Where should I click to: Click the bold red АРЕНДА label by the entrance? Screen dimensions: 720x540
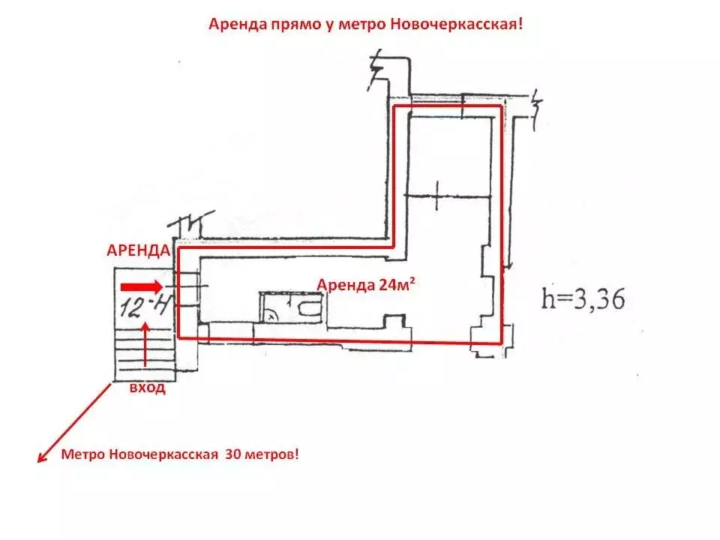pos(138,250)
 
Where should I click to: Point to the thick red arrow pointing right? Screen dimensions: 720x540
pos(142,287)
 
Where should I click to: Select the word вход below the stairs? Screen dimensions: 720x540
pos(147,388)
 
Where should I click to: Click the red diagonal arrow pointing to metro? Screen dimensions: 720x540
pos(74,423)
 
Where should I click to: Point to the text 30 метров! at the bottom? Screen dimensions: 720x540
pos(262,454)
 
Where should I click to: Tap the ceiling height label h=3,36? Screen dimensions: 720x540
pos(583,299)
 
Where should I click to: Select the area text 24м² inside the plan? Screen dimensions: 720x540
pos(397,285)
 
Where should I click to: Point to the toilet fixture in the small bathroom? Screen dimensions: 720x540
pos(308,308)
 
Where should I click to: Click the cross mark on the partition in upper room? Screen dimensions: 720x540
pos(436,196)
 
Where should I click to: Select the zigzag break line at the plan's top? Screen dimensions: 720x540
pos(376,69)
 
